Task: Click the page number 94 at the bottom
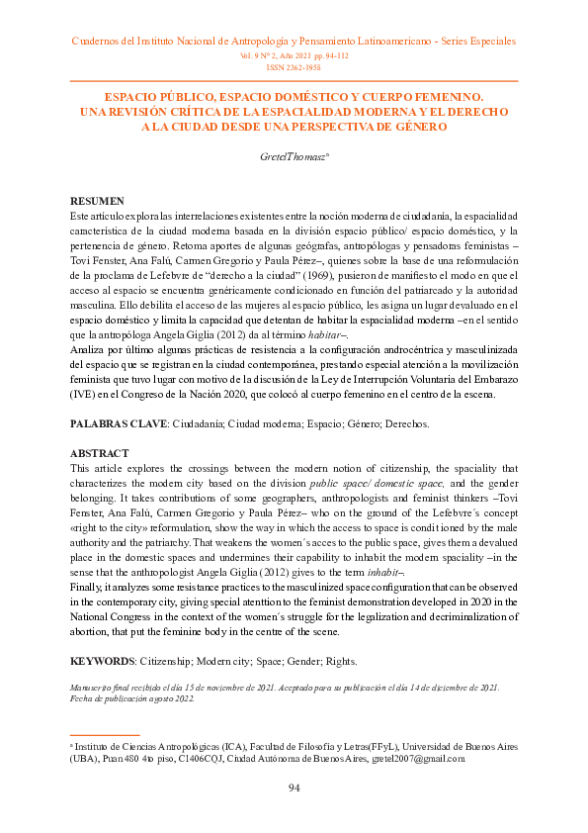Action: tap(294, 787)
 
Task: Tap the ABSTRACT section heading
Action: tap(99, 452)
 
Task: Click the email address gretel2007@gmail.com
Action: tap(417, 758)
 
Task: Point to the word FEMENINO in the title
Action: tap(435, 97)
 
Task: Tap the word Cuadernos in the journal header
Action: tap(102, 43)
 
